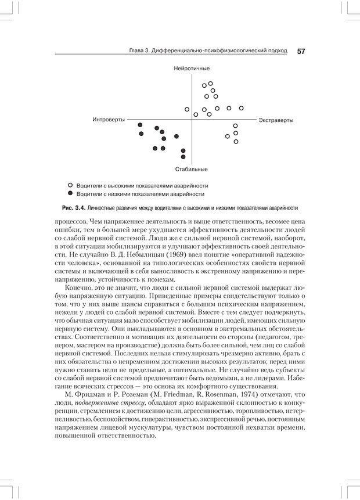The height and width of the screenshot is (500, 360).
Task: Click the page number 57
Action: (x=301, y=51)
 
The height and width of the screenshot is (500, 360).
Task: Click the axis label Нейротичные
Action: (x=191, y=69)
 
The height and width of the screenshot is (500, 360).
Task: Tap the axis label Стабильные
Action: (x=191, y=170)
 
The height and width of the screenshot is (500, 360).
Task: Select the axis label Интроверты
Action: (x=108, y=120)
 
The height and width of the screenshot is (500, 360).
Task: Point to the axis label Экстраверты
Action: (x=276, y=120)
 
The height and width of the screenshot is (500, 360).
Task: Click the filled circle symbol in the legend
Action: (x=70, y=193)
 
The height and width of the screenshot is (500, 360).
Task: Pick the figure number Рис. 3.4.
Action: (x=74, y=208)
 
